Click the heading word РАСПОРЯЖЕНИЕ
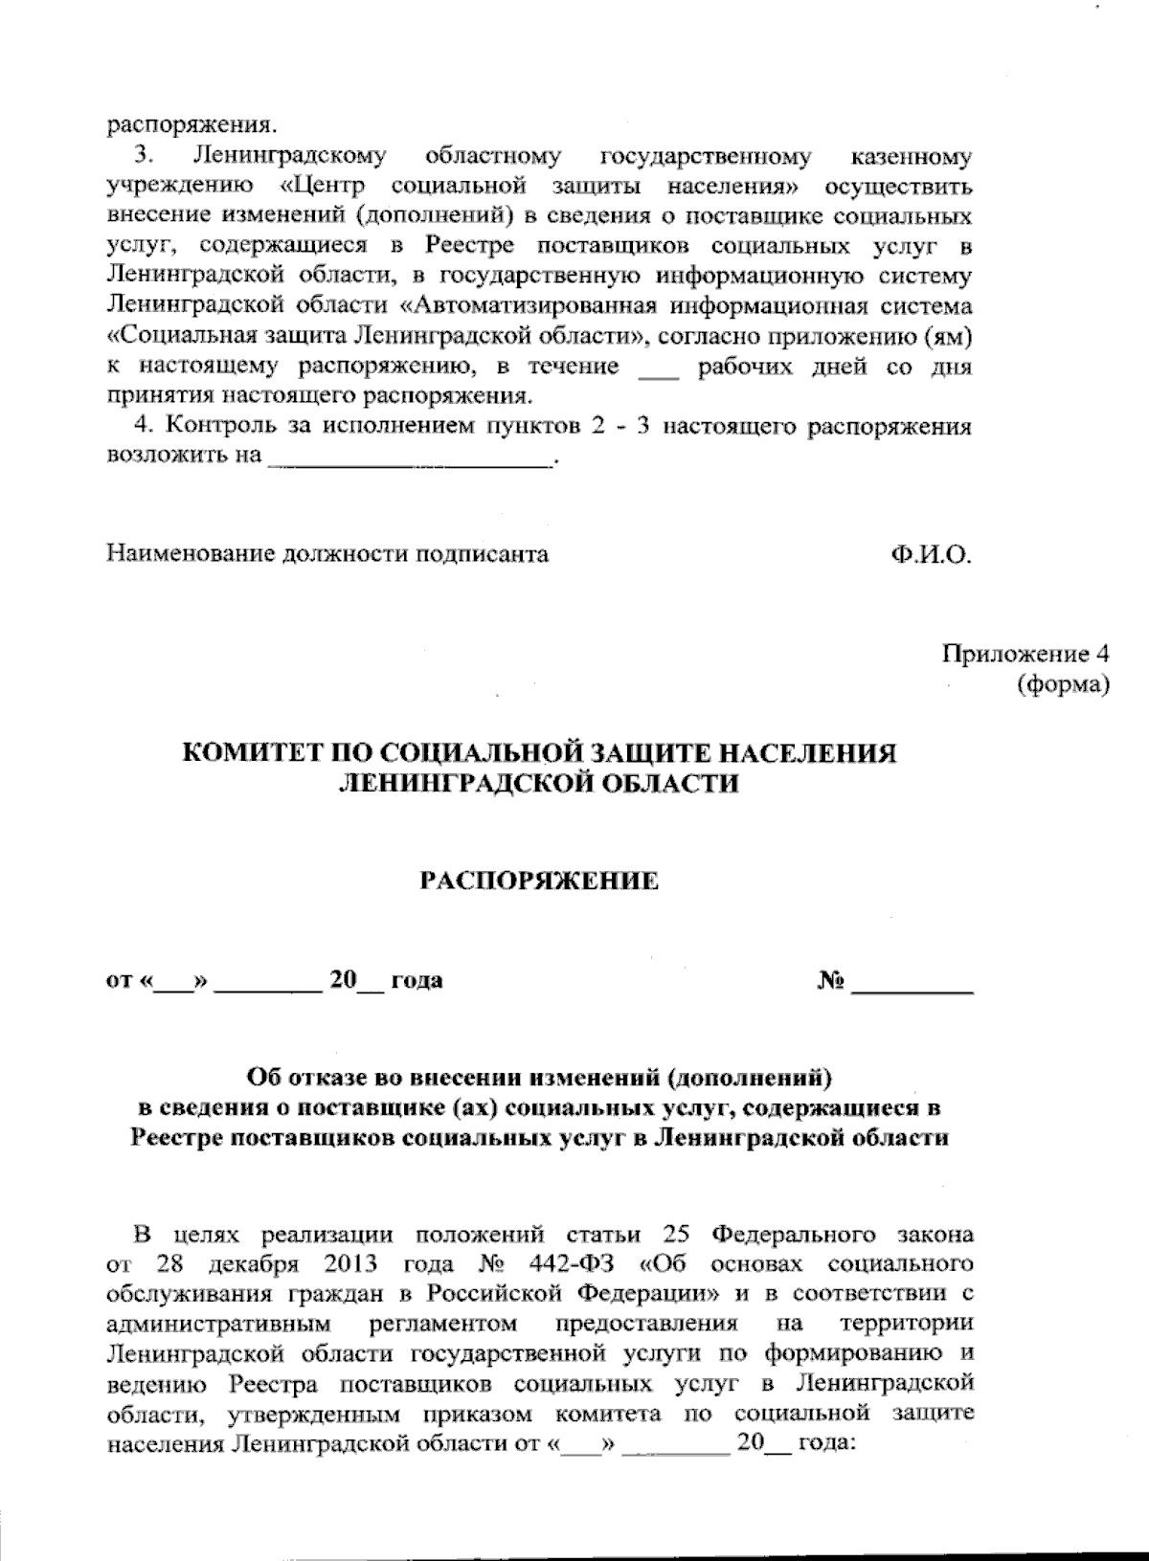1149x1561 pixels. (x=541, y=881)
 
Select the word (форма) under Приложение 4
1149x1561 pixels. (x=1063, y=684)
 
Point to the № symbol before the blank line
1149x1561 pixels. (x=831, y=981)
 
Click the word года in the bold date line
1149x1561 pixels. (x=417, y=981)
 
